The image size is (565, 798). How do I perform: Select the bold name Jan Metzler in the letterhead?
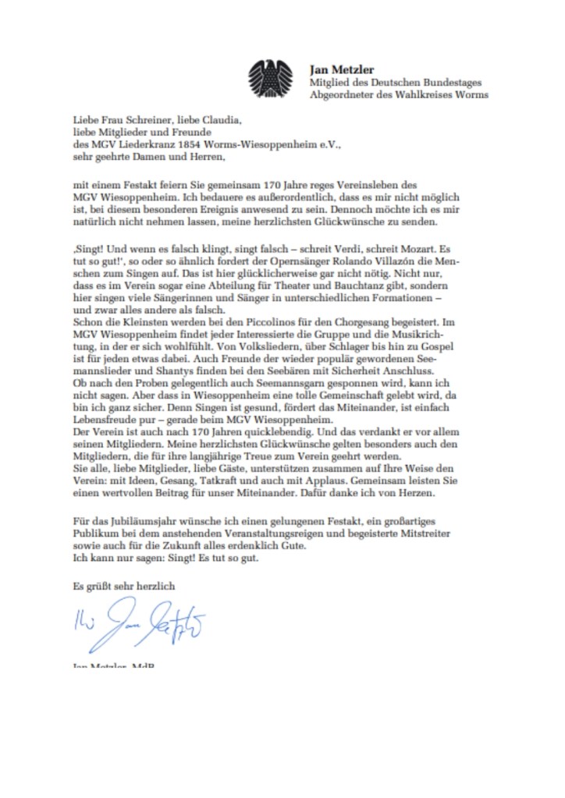pos(341,69)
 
